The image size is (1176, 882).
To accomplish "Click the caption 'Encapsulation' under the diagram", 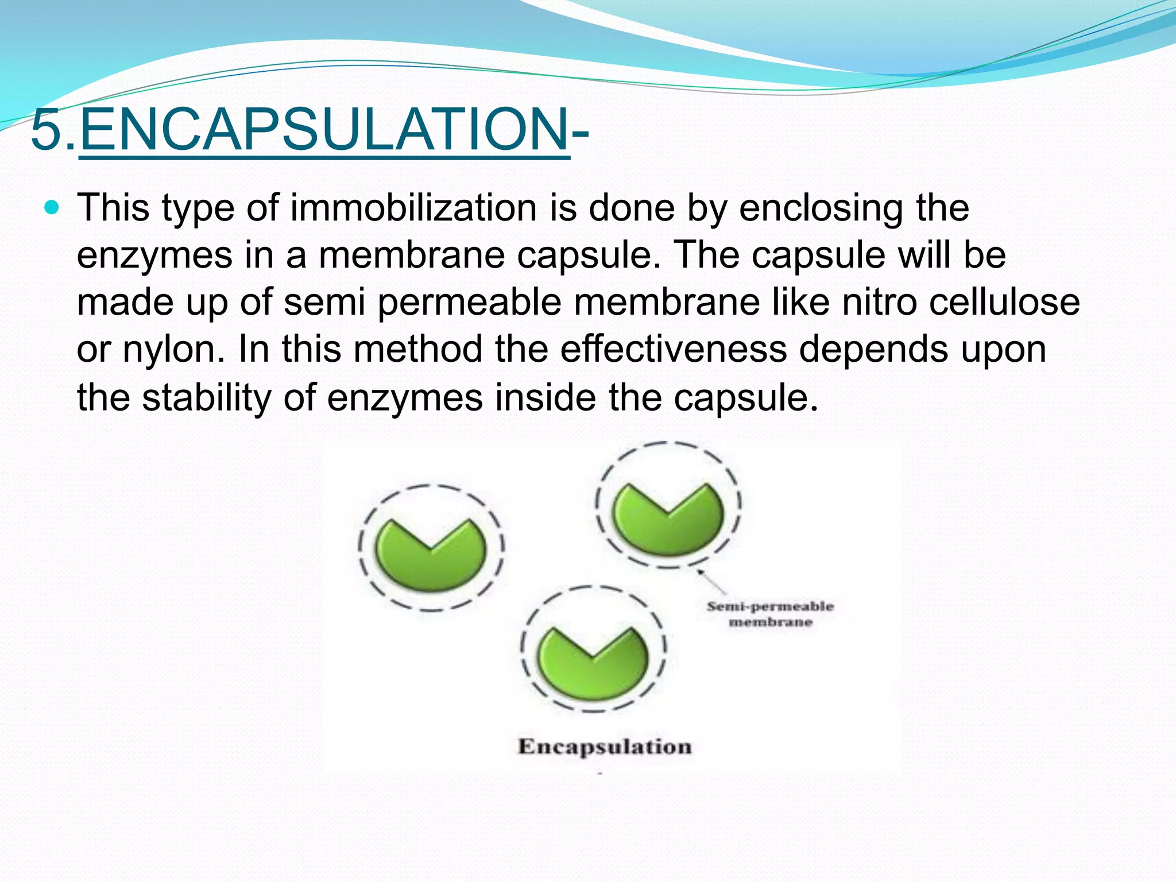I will [605, 746].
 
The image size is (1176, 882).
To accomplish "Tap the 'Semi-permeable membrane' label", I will [770, 614].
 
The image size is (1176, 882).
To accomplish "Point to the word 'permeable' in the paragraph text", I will [469, 302].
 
